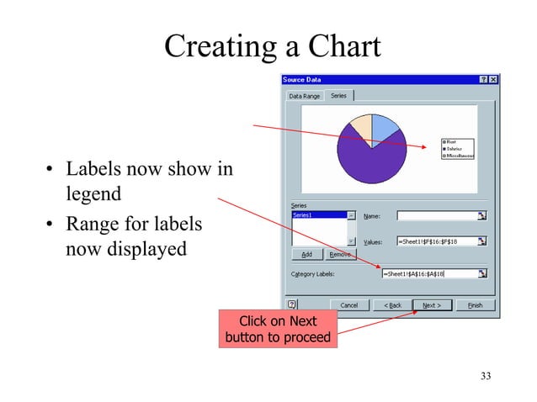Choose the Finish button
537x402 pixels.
(x=475, y=304)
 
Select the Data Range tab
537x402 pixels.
(x=304, y=96)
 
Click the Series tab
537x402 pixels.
(x=338, y=96)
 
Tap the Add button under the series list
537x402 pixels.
(x=306, y=253)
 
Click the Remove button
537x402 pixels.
(x=340, y=253)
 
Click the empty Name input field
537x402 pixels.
(x=435, y=216)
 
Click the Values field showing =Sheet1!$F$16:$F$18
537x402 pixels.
(x=435, y=241)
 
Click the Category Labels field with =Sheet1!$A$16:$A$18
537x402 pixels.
(x=428, y=273)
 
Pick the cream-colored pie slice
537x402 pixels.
(x=359, y=126)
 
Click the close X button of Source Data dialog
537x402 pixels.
(x=493, y=79)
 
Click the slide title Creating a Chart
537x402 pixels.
(x=272, y=45)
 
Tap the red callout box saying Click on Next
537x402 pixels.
(x=277, y=328)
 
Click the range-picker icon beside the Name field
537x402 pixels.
(x=482, y=216)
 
